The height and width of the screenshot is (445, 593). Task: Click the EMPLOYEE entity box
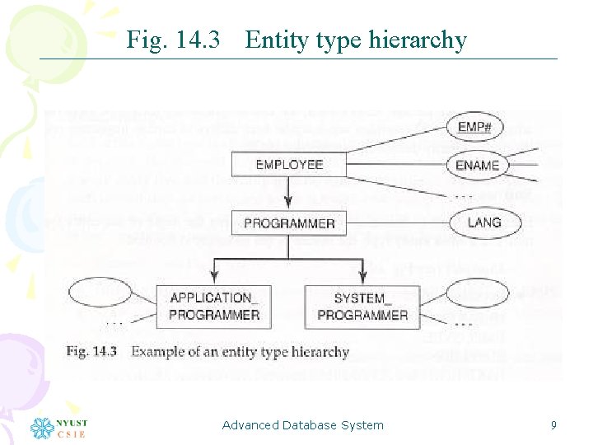pyautogui.click(x=289, y=165)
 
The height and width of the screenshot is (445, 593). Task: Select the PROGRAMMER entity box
pyautogui.click(x=289, y=223)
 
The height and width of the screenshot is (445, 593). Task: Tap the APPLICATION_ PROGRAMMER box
pyautogui.click(x=214, y=307)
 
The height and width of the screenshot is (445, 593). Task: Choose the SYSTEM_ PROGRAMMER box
pyautogui.click(x=362, y=307)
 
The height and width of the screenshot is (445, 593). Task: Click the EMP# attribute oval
pyautogui.click(x=475, y=127)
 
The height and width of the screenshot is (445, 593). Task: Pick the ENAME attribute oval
pyautogui.click(x=478, y=165)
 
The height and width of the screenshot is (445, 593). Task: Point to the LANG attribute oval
pyautogui.click(x=483, y=222)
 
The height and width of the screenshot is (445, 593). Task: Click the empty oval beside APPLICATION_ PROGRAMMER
pyautogui.click(x=100, y=293)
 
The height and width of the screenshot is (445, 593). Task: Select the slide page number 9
pyautogui.click(x=553, y=425)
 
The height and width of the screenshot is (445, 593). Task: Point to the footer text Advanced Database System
pyautogui.click(x=303, y=425)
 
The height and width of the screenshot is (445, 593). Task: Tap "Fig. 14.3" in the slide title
pyautogui.click(x=173, y=40)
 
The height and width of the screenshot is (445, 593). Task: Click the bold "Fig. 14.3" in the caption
pyautogui.click(x=91, y=352)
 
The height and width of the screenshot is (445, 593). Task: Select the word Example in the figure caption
pyautogui.click(x=157, y=352)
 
